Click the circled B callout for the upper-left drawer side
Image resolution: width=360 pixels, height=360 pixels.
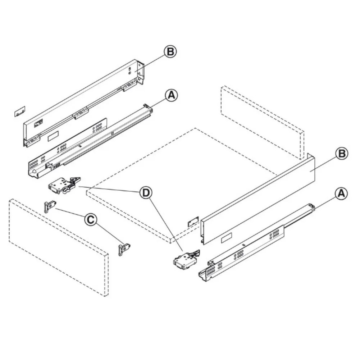[x=170, y=52]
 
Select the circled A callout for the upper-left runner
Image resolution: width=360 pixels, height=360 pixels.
[x=171, y=95]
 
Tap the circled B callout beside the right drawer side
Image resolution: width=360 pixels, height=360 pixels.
[x=341, y=154]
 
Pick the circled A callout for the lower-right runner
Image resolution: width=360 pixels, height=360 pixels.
[x=341, y=193]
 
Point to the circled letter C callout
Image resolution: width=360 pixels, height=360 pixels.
[x=91, y=219]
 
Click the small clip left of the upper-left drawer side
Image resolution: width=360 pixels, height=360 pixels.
[x=19, y=111]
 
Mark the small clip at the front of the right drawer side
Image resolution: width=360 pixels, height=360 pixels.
[x=193, y=221]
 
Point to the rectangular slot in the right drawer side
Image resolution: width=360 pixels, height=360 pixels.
[x=226, y=237]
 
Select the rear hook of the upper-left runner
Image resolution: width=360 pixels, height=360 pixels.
[x=146, y=105]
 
